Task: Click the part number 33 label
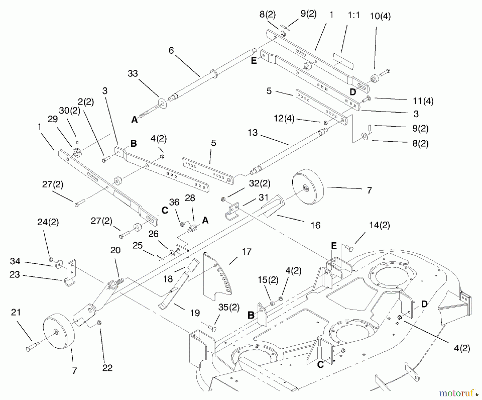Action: coord(133,73)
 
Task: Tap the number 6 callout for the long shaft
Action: coord(171,50)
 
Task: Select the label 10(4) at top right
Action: coord(380,16)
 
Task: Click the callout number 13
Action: coord(253,132)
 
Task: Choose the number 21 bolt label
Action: coord(16,312)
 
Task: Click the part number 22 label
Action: coord(107,368)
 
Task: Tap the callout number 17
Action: coord(247,251)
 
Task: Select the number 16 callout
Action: coord(315,225)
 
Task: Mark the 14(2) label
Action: coord(379,225)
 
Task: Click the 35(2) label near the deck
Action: coord(228,307)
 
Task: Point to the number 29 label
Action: coord(52,119)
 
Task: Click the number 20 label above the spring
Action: coord(115,250)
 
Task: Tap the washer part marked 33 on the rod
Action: coord(162,103)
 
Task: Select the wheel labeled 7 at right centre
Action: coord(308,187)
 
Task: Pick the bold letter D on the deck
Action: coord(424,304)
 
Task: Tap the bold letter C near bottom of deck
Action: coord(320,365)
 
